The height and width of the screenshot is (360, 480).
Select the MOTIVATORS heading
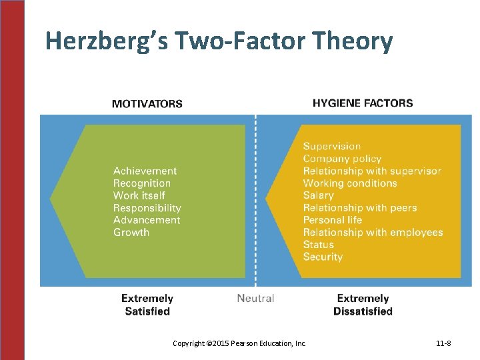click(147, 103)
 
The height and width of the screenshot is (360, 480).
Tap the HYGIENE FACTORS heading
click(363, 103)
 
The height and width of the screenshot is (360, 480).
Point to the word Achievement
click(145, 171)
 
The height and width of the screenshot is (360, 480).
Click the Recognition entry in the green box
click(141, 183)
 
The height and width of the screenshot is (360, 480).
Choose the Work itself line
click(139, 195)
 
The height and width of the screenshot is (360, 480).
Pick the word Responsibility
click(147, 208)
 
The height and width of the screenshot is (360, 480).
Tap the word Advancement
click(147, 220)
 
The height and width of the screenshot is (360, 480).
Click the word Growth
click(131, 233)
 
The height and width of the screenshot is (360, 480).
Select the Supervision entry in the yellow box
click(332, 146)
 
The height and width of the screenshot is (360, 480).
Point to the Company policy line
click(342, 159)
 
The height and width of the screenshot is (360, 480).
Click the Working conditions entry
click(350, 183)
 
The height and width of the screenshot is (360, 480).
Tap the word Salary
click(318, 195)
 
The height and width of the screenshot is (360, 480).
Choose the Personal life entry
click(333, 220)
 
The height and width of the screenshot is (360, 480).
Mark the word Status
click(318, 245)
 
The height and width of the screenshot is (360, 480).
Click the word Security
click(323, 257)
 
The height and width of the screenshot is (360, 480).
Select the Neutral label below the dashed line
click(255, 298)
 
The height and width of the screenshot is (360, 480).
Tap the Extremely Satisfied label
click(147, 305)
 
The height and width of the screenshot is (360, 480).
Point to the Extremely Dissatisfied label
click(363, 305)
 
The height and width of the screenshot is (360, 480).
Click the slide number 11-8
click(443, 343)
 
